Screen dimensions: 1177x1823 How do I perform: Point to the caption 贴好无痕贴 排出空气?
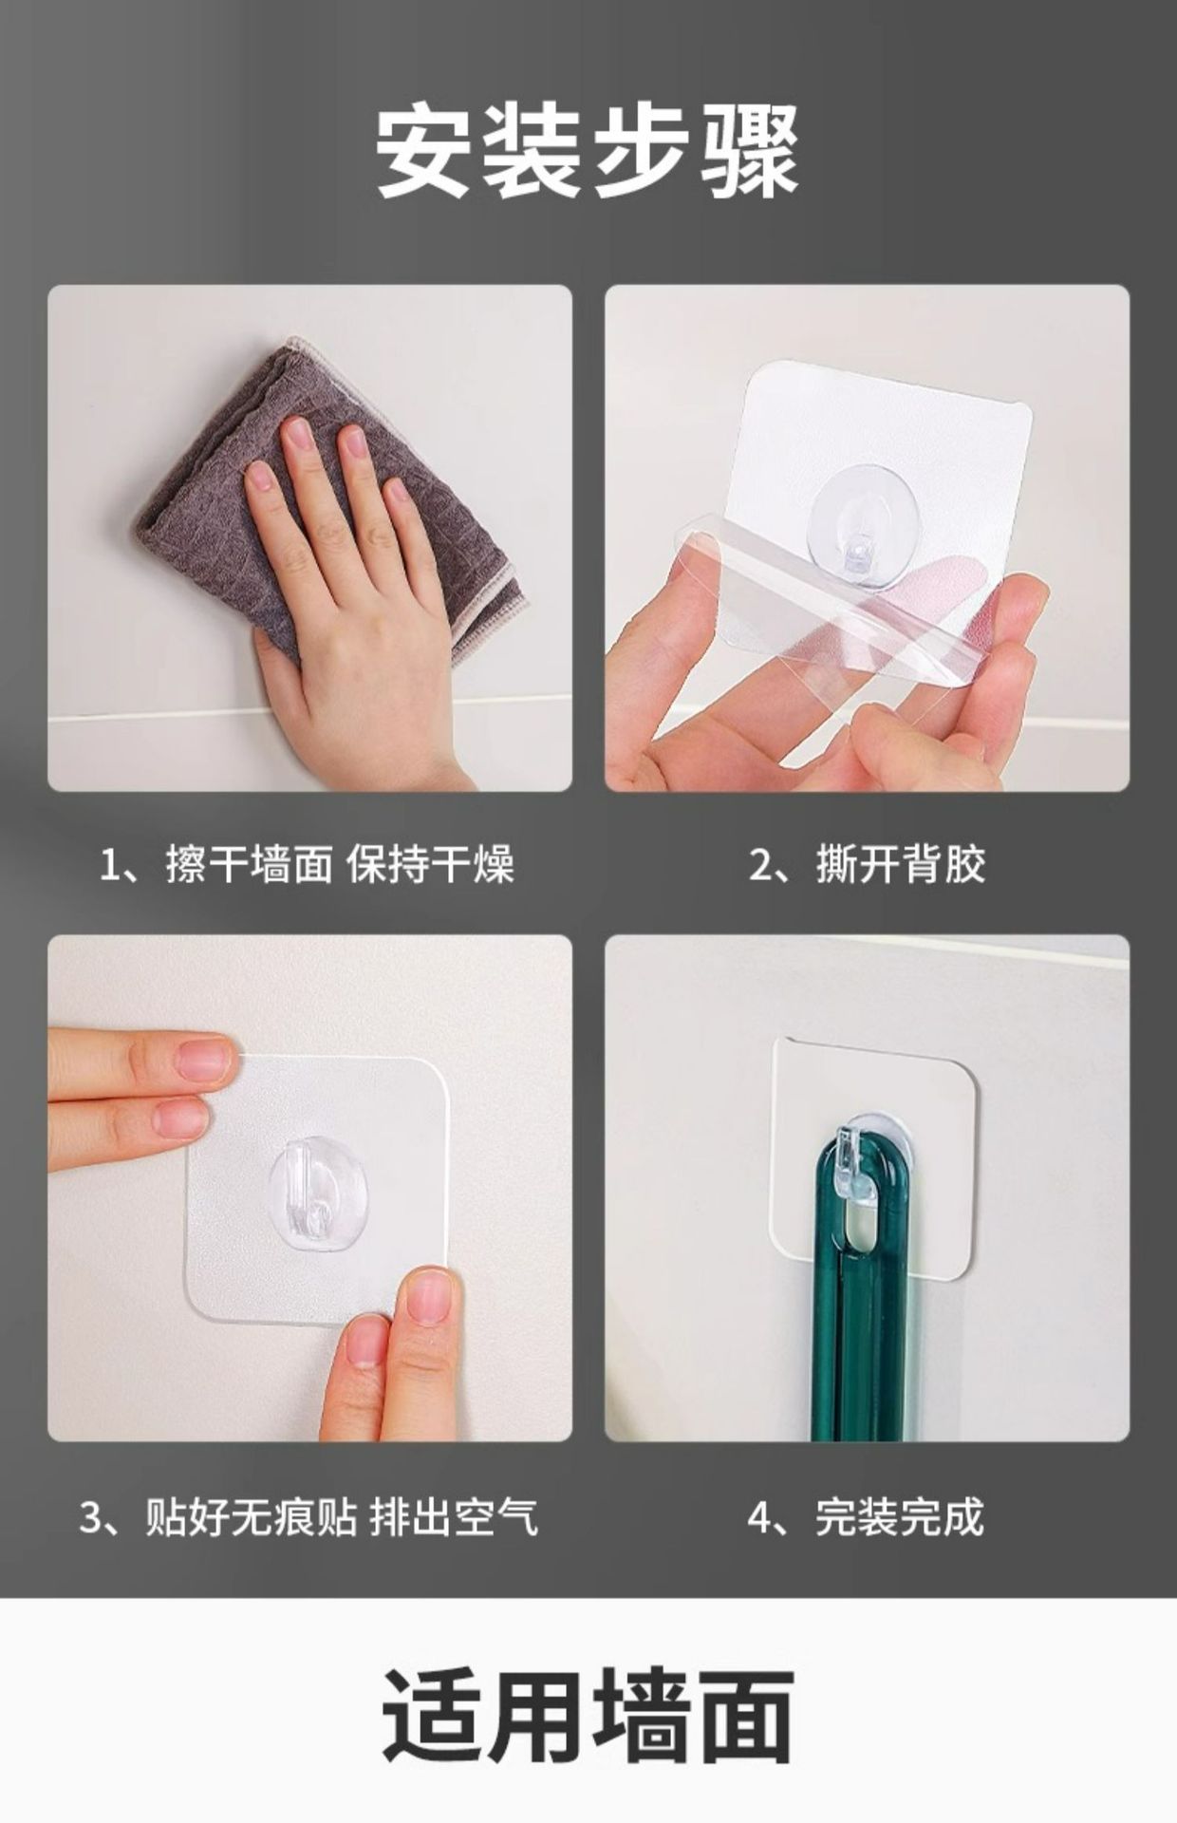coord(342,1516)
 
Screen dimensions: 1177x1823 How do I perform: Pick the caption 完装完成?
coord(899,1516)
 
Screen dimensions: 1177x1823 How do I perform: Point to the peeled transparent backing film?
coord(835,608)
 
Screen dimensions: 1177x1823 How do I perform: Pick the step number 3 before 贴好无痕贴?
coord(91,1517)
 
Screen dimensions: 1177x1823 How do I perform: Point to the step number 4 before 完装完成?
coord(760,1517)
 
